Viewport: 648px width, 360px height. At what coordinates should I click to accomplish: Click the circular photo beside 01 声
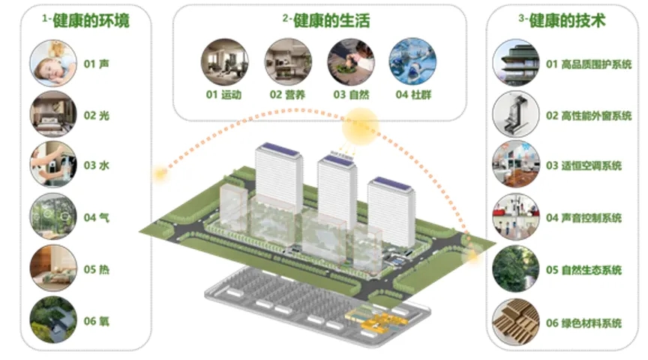tap(53, 63)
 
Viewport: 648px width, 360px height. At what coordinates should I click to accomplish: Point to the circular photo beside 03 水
tap(53, 164)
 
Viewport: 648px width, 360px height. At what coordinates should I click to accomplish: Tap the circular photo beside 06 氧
tap(53, 320)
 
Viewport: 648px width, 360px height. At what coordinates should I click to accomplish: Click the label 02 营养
tap(287, 94)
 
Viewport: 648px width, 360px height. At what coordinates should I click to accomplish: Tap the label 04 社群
tap(413, 94)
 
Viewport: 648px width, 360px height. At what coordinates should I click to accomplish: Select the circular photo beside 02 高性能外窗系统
tap(516, 115)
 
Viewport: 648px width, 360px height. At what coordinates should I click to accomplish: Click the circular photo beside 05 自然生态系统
tap(516, 269)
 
